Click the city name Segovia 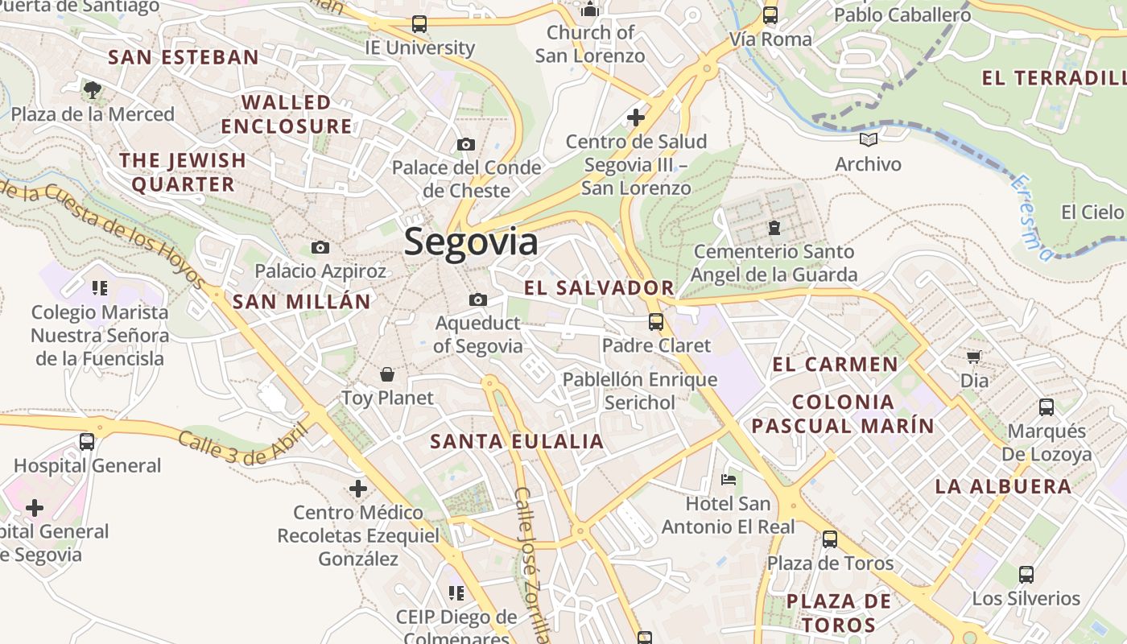click(471, 242)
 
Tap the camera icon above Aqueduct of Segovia click(478, 300)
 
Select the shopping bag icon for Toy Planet click(387, 374)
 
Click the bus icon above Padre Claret click(656, 322)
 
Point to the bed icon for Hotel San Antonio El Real click(729, 480)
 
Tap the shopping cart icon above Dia click(974, 356)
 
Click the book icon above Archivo click(868, 140)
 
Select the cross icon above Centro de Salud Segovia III click(636, 118)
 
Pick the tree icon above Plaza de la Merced click(93, 89)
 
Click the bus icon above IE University click(419, 24)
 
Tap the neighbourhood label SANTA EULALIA click(517, 441)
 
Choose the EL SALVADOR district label click(599, 287)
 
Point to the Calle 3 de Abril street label click(243, 444)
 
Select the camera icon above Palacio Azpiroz click(320, 247)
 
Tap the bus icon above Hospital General click(87, 441)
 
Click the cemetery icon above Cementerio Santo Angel click(774, 228)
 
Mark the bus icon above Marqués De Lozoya click(1046, 407)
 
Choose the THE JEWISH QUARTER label click(183, 172)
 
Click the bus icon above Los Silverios click(1026, 575)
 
